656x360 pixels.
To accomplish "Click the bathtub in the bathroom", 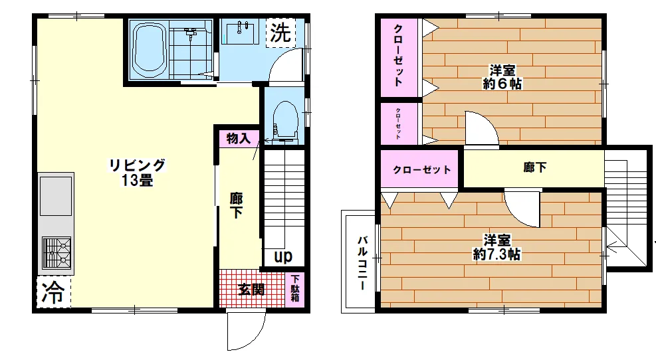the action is tap(148, 50).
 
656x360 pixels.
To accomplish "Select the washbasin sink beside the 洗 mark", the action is tap(241, 32).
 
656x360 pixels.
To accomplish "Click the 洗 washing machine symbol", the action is tap(280, 33).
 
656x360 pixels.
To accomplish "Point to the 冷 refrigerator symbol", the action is tap(53, 292).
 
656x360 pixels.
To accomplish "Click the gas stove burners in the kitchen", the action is tap(56, 252).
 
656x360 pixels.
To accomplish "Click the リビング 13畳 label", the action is tap(137, 172).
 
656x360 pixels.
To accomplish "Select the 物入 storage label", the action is tap(239, 139).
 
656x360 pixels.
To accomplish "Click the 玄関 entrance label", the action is tap(251, 289).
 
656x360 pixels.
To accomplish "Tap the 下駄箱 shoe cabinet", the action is tap(295, 288).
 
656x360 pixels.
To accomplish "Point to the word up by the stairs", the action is tap(283, 256).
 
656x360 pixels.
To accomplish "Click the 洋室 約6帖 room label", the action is tap(502, 77).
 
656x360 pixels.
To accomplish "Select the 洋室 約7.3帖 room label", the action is tap(496, 247).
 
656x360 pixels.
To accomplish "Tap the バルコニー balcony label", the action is tap(362, 263).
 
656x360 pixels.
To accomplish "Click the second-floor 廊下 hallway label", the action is tap(534, 167).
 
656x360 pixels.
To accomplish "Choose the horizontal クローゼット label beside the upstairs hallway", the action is tap(421, 170).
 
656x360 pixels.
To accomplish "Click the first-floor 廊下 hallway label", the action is tap(237, 205).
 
